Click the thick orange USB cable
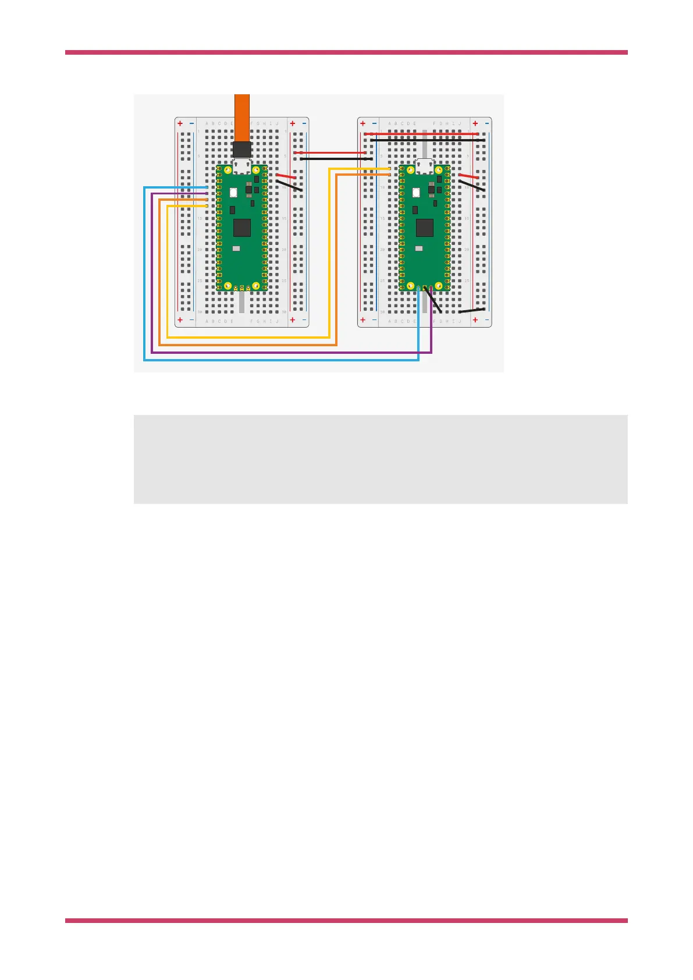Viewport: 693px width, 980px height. (x=241, y=116)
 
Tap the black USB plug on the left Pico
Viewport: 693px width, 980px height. (x=241, y=149)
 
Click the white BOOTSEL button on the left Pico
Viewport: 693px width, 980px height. (x=233, y=193)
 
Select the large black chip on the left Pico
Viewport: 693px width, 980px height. (x=242, y=227)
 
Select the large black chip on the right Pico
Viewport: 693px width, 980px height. (x=425, y=227)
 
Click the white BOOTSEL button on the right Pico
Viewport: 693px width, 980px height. (x=416, y=193)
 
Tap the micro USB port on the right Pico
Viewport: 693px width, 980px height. (x=425, y=166)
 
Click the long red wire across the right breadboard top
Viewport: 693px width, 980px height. (x=422, y=134)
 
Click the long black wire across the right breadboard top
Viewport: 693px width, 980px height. (x=428, y=140)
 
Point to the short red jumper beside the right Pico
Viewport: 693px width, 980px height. (x=468, y=176)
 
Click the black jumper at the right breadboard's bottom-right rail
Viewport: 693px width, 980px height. (x=472, y=310)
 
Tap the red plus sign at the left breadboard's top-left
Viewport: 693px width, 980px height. (x=180, y=123)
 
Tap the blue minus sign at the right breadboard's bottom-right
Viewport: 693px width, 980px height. (x=486, y=319)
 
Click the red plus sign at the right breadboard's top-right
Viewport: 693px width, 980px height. (x=475, y=123)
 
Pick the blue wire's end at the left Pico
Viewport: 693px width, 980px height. (x=206, y=187)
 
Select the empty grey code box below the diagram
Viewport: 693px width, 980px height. (x=381, y=459)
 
